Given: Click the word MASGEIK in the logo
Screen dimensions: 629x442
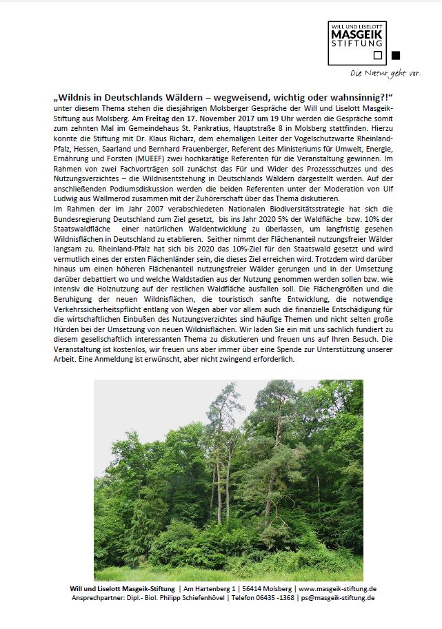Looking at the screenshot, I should (363, 34).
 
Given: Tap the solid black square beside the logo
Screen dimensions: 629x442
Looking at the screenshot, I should (395, 56).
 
